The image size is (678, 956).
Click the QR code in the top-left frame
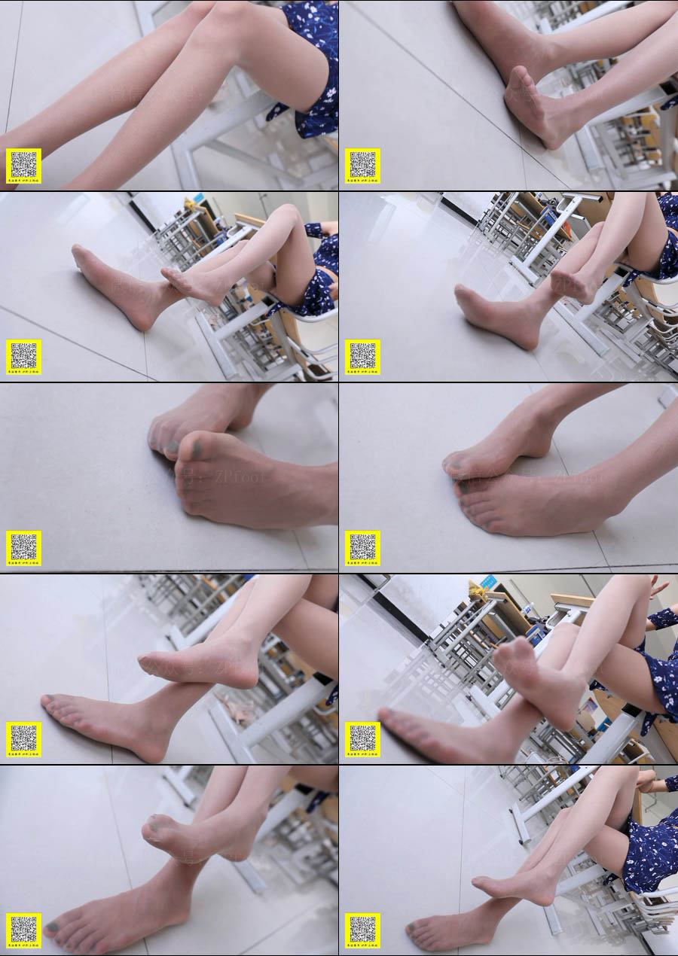[x=23, y=165]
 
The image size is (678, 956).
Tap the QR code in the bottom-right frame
[x=362, y=930]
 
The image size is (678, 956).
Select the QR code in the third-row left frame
[x=23, y=547]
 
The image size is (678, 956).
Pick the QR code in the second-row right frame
[x=362, y=356]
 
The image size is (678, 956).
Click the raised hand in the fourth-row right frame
[x=658, y=585]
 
